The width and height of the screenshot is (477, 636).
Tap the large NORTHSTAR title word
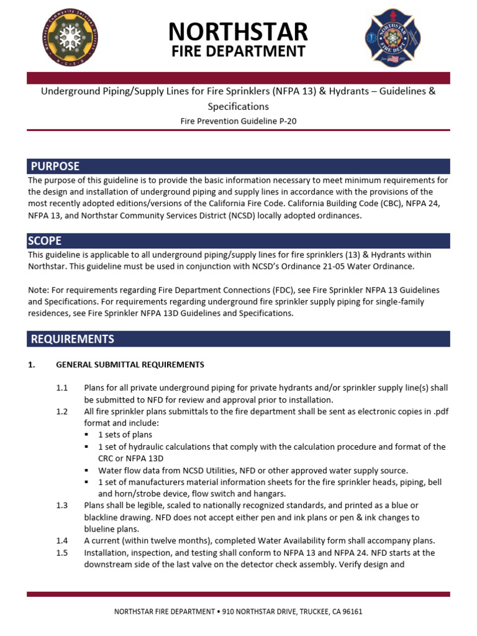point(238,31)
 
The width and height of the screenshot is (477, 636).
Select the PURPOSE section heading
point(55,166)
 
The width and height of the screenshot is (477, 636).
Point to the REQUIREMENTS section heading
point(73,338)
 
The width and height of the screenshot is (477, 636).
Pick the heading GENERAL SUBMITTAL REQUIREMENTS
point(130,365)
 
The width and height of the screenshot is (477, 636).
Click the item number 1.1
point(61,388)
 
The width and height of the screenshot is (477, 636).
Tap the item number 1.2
point(61,411)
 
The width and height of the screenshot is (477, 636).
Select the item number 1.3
point(61,506)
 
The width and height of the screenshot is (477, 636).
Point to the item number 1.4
point(61,541)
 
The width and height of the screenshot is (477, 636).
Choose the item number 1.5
point(61,553)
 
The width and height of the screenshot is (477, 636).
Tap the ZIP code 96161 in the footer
point(352,612)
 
